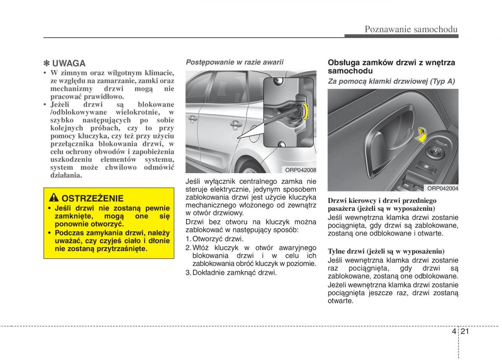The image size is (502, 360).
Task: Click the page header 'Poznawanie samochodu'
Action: coord(411,29)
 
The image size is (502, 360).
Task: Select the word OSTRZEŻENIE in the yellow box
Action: coord(92,198)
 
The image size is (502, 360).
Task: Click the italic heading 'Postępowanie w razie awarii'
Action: coord(234,62)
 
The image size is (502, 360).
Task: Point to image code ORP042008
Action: coord(300,170)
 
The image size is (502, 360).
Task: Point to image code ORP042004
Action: coord(443,188)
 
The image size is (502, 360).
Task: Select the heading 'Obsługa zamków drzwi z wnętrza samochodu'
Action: coord(391,66)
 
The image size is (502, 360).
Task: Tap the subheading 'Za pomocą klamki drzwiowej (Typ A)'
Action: coord(391,82)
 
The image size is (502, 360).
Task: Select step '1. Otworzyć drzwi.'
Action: coord(214,239)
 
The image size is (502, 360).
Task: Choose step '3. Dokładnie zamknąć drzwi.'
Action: coord(231,273)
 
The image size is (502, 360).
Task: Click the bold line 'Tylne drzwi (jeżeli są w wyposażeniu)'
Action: coord(386,251)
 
